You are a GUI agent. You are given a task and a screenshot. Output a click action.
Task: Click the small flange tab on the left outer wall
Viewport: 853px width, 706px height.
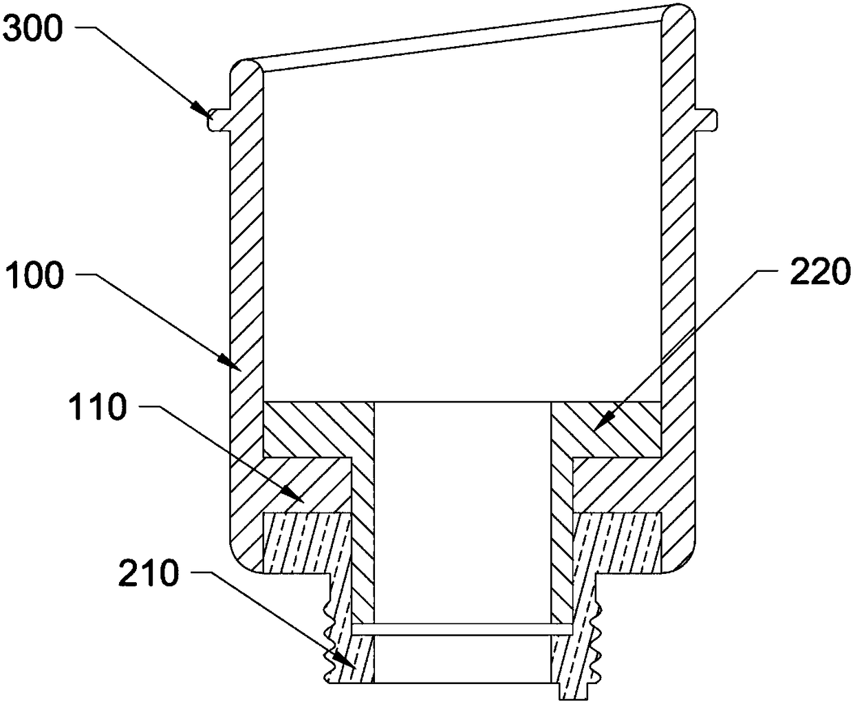[x=219, y=119]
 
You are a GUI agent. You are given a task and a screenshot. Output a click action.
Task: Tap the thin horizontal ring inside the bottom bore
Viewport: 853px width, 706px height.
[x=462, y=629]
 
